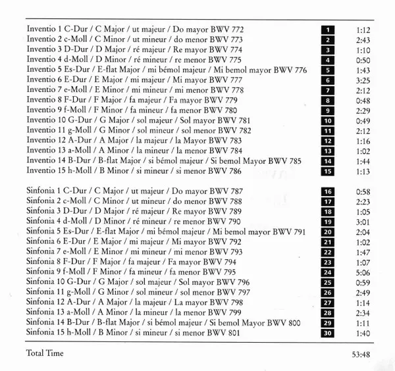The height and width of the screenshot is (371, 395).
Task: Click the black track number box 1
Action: [327, 30]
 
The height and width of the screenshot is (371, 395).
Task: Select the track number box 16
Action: [327, 191]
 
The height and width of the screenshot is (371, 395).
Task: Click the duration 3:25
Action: [364, 80]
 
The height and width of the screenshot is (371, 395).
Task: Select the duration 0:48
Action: [364, 100]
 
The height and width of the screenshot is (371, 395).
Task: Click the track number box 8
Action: [327, 100]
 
